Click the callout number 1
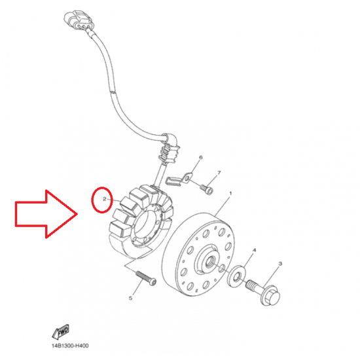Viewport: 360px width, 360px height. pyautogui.click(x=230, y=193)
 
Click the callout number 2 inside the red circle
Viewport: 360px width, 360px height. pyautogui.click(x=105, y=199)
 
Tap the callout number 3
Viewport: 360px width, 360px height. pyautogui.click(x=280, y=264)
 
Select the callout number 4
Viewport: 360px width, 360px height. pyautogui.click(x=254, y=250)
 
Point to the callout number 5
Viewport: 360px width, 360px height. pyautogui.click(x=130, y=298)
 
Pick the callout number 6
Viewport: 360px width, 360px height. pyautogui.click(x=201, y=158)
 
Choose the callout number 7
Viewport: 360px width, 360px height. pyautogui.click(x=219, y=173)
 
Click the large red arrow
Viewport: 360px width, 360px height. pyautogui.click(x=46, y=214)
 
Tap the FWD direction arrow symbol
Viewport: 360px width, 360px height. pyautogui.click(x=61, y=332)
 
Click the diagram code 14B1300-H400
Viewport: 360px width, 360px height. pyautogui.click(x=70, y=346)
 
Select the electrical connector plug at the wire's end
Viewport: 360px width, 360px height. pyautogui.click(x=79, y=20)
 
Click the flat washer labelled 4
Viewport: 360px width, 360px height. pyautogui.click(x=236, y=276)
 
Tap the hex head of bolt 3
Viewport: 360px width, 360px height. pyautogui.click(x=272, y=296)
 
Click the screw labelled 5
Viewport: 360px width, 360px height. pyautogui.click(x=146, y=278)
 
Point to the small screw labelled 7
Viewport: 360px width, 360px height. pyautogui.click(x=207, y=190)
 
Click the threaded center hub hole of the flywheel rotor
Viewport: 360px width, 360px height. pyautogui.click(x=209, y=261)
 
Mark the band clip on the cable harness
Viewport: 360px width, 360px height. pyautogui.click(x=113, y=92)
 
